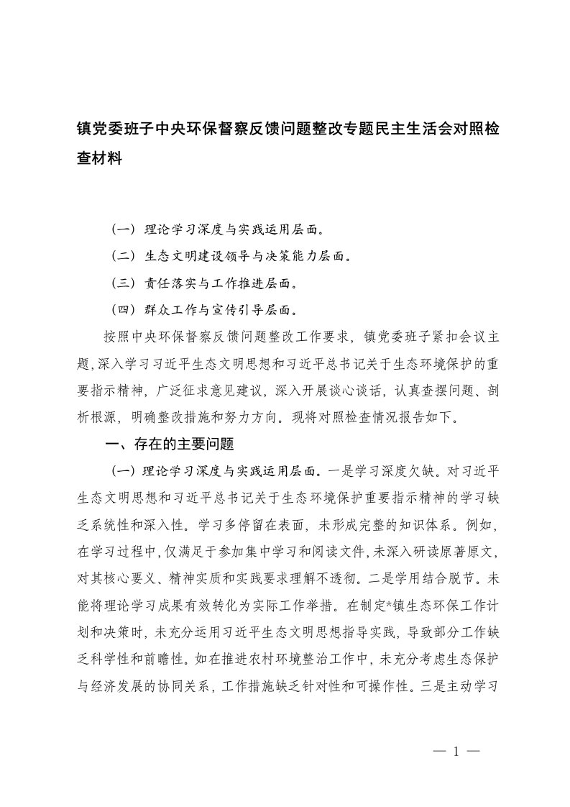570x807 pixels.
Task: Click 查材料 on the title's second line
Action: click(98, 160)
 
